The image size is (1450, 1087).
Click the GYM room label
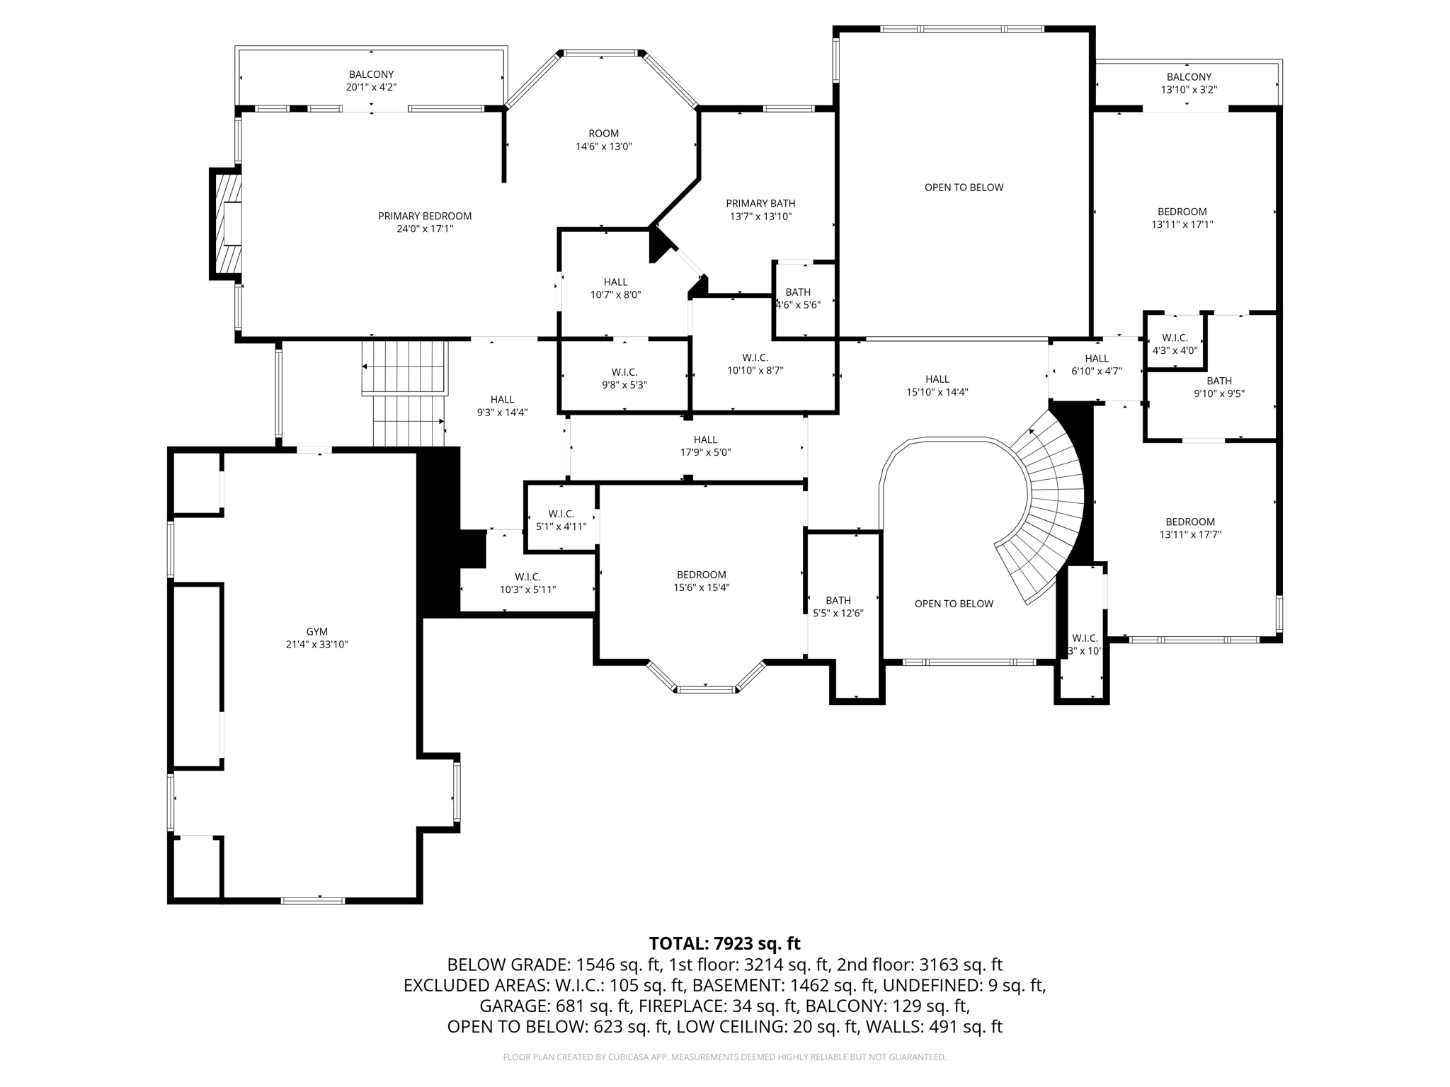tap(316, 631)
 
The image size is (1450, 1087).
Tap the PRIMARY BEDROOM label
tap(425, 216)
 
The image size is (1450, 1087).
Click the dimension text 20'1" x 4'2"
tap(371, 87)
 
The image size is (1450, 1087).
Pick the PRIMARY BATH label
tap(760, 204)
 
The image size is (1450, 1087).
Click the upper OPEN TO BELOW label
tap(964, 188)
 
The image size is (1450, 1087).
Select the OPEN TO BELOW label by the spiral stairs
tap(953, 604)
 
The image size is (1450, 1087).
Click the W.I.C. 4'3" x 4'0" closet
tap(1175, 343)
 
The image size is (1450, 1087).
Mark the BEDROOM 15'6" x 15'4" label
tap(701, 575)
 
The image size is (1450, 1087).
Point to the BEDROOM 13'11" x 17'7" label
tap(1190, 522)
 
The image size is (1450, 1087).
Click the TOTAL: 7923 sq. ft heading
tap(724, 943)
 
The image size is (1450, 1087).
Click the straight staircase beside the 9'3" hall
tap(406, 393)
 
